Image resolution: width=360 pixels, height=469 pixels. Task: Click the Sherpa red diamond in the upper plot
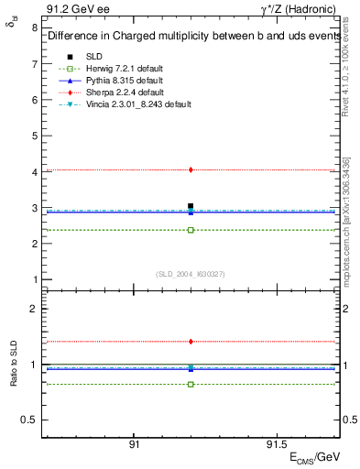(x=191, y=169)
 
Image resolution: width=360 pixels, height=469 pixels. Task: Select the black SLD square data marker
(x=191, y=206)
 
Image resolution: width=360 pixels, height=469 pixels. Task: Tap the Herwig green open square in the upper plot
(x=191, y=230)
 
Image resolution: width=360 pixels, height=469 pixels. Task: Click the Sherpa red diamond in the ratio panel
(x=191, y=342)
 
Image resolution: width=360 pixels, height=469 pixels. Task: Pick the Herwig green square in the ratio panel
(x=191, y=384)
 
